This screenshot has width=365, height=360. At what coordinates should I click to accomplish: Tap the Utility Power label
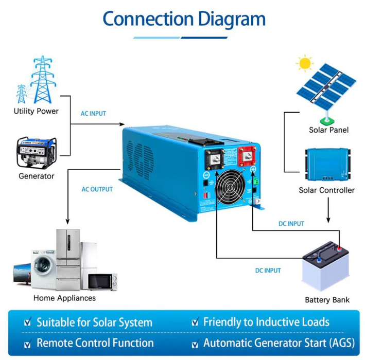coord(36,111)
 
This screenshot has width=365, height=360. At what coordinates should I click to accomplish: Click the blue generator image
coord(36,152)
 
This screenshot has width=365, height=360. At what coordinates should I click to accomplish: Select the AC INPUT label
coord(94,113)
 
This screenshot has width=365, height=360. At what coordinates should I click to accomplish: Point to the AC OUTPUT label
coord(97,189)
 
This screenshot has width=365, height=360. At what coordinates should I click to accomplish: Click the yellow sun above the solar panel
coord(305,64)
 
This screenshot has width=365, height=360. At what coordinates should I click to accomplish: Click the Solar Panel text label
coord(328,130)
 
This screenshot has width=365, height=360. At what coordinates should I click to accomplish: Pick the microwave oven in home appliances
coord(101,281)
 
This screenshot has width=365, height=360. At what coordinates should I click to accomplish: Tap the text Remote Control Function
coord(95,343)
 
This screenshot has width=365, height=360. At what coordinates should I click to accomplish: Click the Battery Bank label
coord(327,300)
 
